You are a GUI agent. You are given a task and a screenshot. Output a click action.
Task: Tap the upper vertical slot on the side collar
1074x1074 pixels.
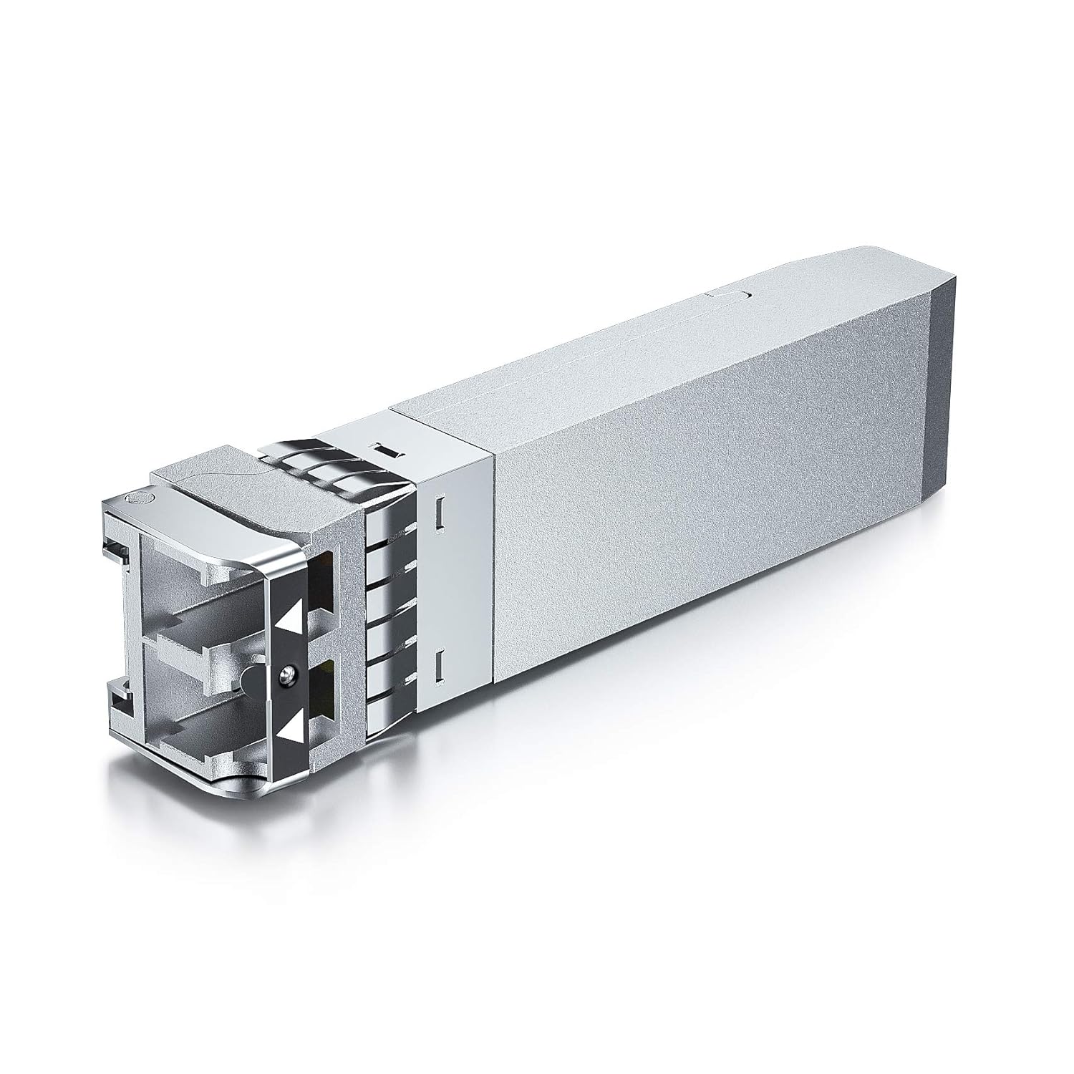pyautogui.click(x=440, y=512)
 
